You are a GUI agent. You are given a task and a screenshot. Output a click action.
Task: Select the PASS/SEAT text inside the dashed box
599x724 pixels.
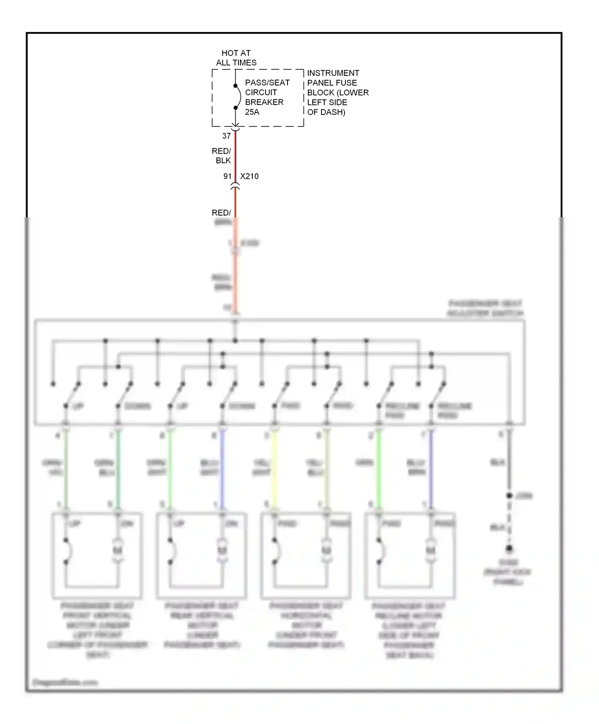pyautogui.click(x=267, y=83)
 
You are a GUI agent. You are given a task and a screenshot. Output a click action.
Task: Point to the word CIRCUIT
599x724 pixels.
pyautogui.click(x=261, y=92)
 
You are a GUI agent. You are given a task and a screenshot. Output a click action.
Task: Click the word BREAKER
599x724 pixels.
pyautogui.click(x=264, y=102)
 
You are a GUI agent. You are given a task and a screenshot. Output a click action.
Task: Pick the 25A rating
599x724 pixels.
pyautogui.click(x=252, y=112)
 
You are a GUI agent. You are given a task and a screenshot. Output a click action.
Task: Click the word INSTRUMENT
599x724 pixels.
pyautogui.click(x=333, y=73)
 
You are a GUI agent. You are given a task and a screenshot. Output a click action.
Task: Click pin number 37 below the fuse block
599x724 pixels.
pyautogui.click(x=226, y=136)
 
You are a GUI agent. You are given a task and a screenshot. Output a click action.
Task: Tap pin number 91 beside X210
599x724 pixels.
pyautogui.click(x=227, y=176)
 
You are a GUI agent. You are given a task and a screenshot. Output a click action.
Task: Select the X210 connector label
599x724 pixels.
pyautogui.click(x=249, y=176)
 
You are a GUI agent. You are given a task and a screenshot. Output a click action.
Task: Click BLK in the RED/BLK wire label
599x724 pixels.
pyautogui.click(x=223, y=160)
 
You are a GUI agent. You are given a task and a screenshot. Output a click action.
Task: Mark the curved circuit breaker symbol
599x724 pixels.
pyautogui.click(x=239, y=97)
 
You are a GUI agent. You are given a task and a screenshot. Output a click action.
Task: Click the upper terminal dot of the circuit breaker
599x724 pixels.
pyautogui.click(x=236, y=86)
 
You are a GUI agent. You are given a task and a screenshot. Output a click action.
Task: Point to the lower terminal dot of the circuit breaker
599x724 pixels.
pyautogui.click(x=236, y=108)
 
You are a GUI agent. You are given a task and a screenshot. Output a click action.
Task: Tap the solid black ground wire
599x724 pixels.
pyautogui.click(x=509, y=463)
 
